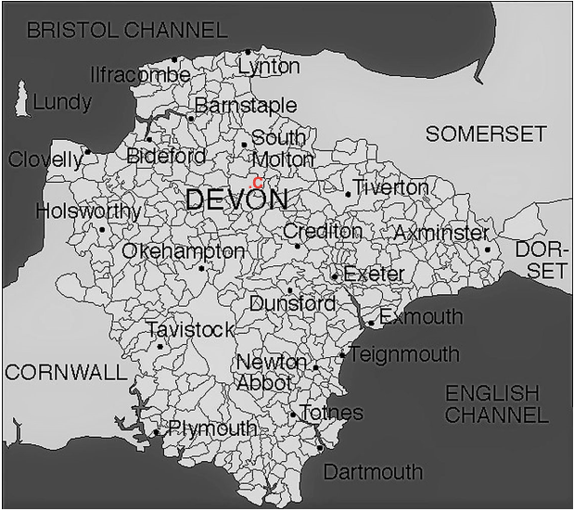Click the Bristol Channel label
tap(126, 31)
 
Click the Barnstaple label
tap(246, 105)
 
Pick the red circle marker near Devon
tap(258, 182)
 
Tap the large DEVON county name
tap(236, 199)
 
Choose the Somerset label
tap(486, 134)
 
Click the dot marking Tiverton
tap(348, 194)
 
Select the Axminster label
tap(440, 232)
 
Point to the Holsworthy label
tap(88, 211)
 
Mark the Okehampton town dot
tap(201, 269)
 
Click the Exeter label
tap(374, 275)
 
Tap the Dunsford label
tap(292, 303)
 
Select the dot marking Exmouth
tap(370, 324)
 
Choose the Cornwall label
tap(65, 373)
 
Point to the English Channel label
tap(496, 403)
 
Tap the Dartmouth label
tap(373, 472)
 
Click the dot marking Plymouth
tap(156, 432)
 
